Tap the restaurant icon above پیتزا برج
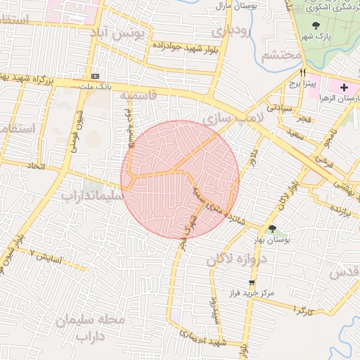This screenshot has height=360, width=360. coord(303,72)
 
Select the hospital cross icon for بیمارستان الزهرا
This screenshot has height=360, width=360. coord(343,87)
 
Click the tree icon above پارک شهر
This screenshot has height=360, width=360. coord(314,25)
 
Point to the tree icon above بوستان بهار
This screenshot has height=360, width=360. coord(272,228)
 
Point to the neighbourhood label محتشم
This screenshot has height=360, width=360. coord(280,56)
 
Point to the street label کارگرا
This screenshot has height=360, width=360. coord(300,310)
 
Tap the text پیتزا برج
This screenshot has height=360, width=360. coord(307,83)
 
